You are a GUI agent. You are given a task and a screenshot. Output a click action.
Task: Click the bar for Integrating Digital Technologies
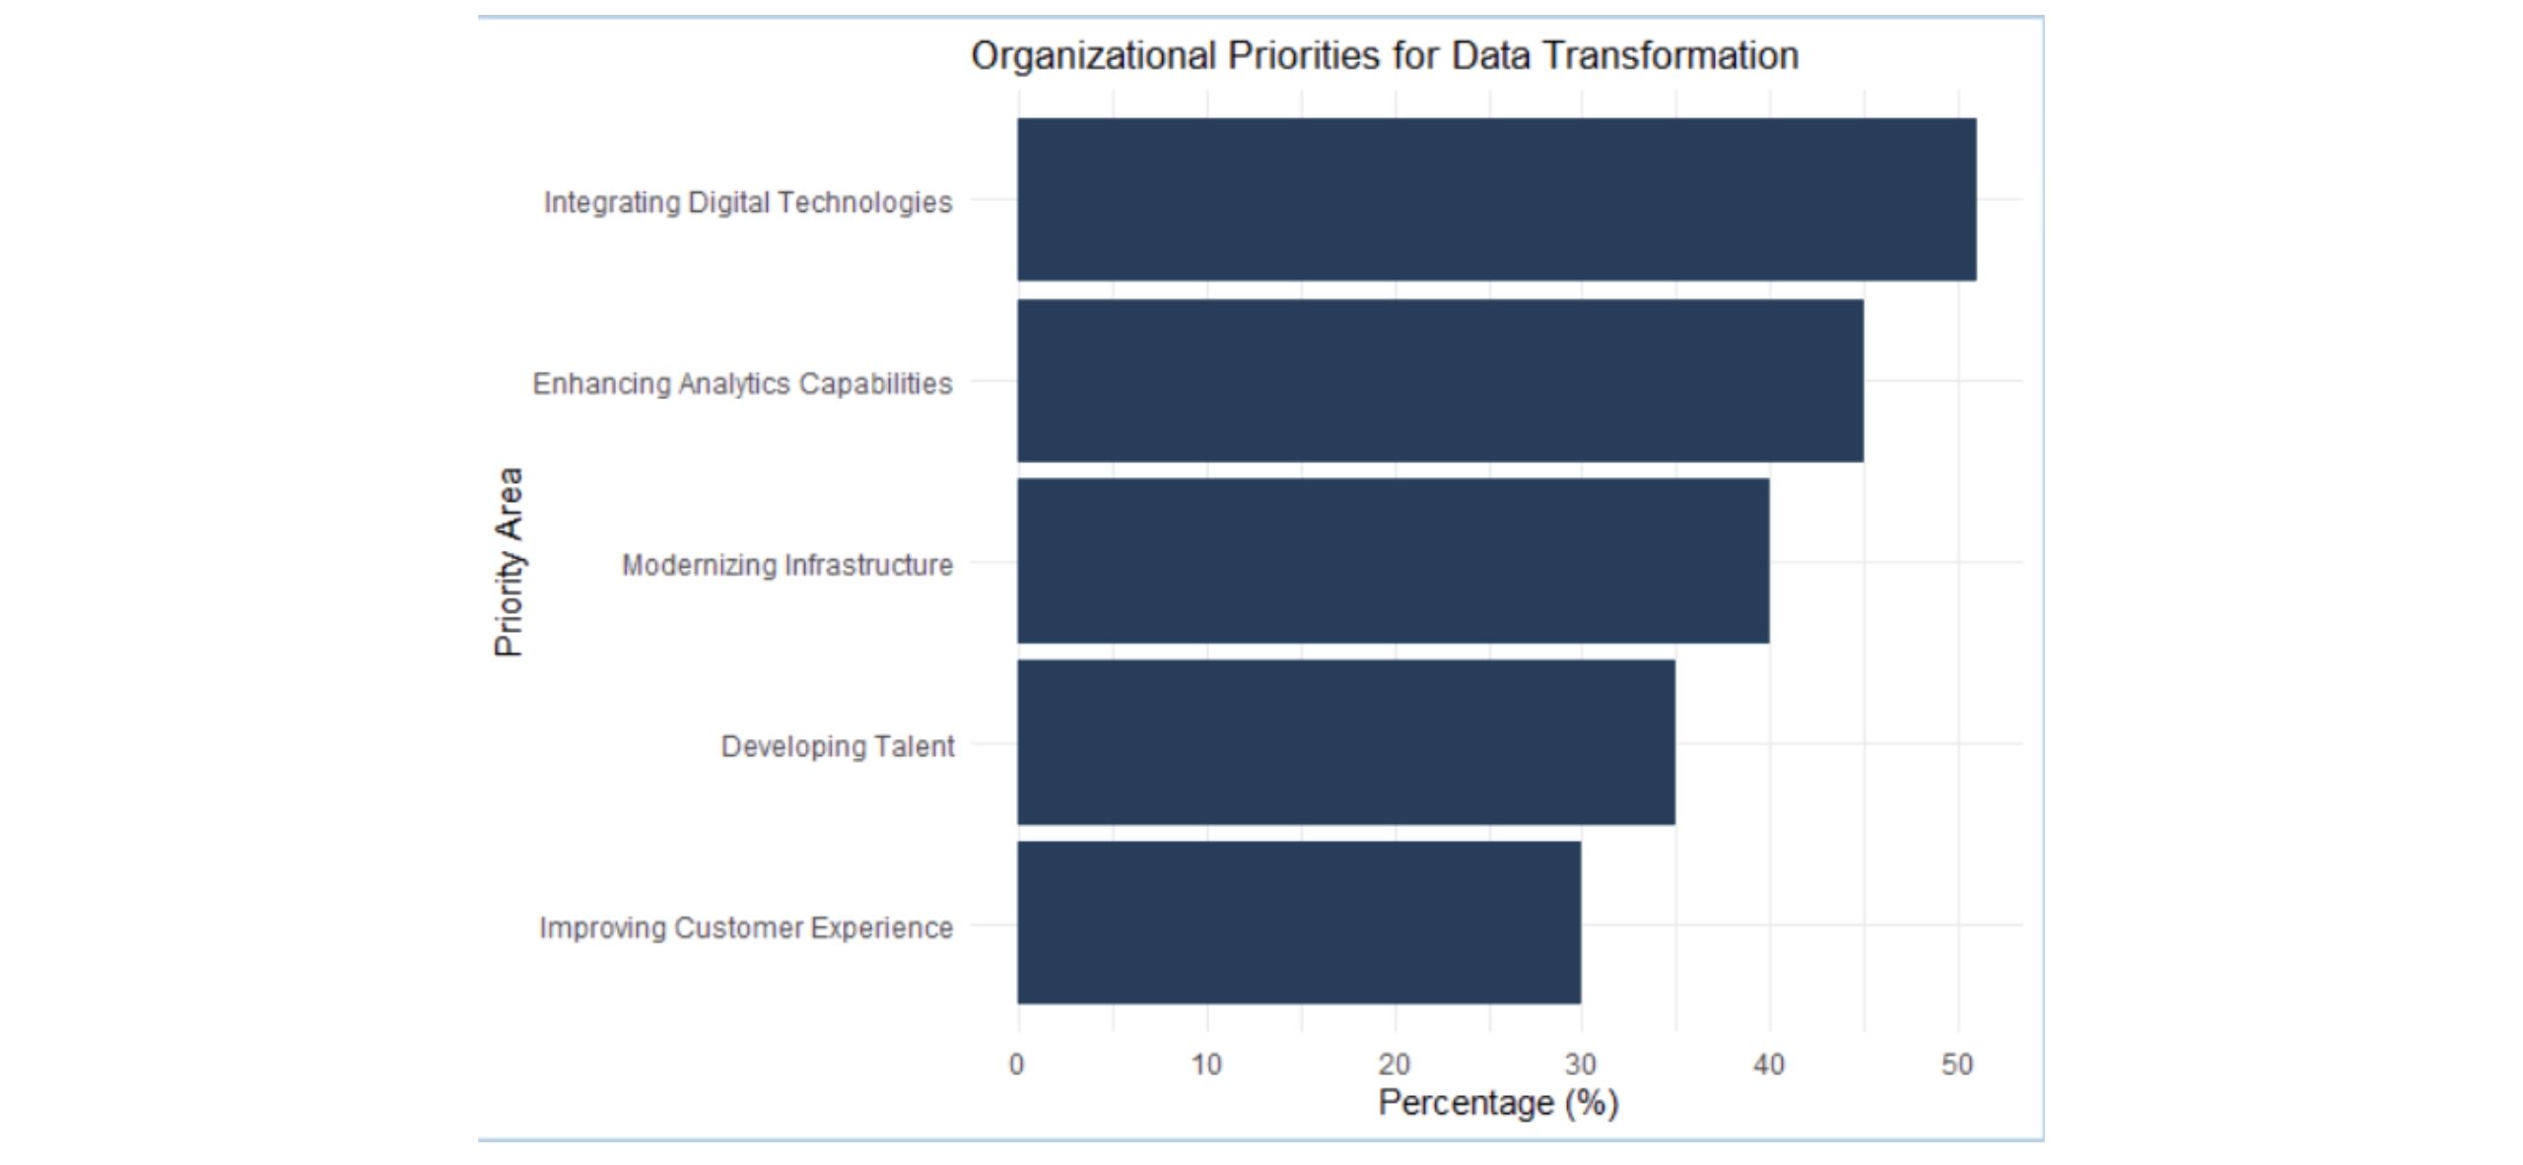pos(1496,199)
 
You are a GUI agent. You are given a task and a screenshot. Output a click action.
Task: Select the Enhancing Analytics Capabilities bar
pos(1440,380)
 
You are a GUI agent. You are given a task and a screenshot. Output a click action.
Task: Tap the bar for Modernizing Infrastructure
pos(1393,561)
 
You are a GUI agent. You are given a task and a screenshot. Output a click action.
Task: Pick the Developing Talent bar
pos(1345,742)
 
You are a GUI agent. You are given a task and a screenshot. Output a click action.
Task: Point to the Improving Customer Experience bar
pos(1299,923)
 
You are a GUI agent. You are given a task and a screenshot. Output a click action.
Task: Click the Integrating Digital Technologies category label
pos(748,202)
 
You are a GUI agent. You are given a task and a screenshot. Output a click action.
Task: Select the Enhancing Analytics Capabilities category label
pos(742,383)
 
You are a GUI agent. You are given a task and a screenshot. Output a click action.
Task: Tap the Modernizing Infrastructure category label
pos(787,565)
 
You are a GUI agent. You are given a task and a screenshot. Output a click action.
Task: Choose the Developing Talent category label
pos(838,746)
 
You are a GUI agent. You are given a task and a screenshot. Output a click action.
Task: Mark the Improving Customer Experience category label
pos(746,927)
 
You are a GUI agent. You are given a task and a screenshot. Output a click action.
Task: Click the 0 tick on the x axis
pos(1017,1064)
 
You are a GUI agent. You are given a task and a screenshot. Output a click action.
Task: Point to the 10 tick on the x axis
pos(1206,1064)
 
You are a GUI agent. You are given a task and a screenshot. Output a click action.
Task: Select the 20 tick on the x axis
pos(1395,1064)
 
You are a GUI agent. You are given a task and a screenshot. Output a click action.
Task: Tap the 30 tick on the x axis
pos(1581,1064)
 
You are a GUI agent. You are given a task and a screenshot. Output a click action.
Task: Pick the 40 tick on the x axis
pos(1769,1064)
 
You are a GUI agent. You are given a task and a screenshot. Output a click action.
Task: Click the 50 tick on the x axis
pos(1957,1064)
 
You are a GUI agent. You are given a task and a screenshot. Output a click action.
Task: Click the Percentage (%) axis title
pos(1498,1103)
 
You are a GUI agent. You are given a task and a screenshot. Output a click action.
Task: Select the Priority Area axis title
pos(509,562)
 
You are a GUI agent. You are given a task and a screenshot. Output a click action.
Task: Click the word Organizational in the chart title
pos(1093,56)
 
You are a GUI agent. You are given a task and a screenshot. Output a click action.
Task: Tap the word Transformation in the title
pos(1671,56)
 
